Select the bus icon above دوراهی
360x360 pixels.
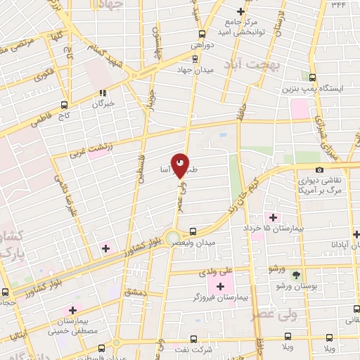coord(202,33)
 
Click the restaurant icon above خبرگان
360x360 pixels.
coord(103,92)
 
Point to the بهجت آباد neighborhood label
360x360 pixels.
coord(251,65)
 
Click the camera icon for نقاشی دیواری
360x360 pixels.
coord(320,169)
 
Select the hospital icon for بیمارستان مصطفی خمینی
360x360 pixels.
coord(71,311)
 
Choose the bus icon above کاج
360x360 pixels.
coord(65,101)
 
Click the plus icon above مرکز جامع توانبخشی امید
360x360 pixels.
coord(240,11)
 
